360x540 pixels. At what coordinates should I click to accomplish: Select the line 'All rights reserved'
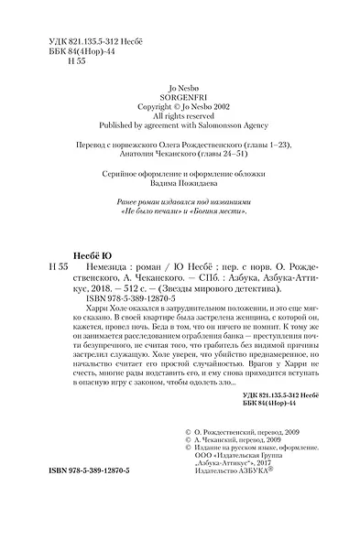tap(180, 118)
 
